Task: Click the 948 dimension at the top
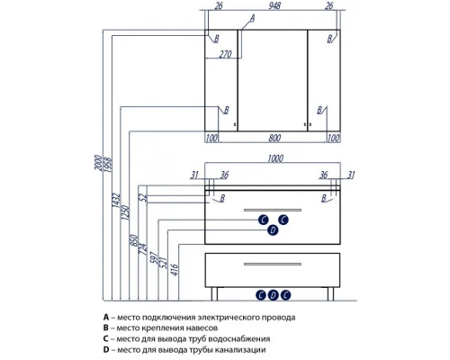[x=274, y=5]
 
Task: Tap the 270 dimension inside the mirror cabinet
[x=225, y=54]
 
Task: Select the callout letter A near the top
[x=252, y=18]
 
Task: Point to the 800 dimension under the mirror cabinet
[x=274, y=138]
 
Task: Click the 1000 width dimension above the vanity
[x=275, y=158]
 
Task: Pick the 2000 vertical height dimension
[x=98, y=163]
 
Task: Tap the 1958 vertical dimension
[x=107, y=165]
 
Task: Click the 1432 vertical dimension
[x=116, y=201]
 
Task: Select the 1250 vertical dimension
[x=125, y=212]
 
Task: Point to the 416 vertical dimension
[x=175, y=270]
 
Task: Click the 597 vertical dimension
[x=154, y=257]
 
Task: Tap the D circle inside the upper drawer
[x=273, y=230]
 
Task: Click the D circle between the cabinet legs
[x=273, y=295]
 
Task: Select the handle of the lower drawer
[x=273, y=264]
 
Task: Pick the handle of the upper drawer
[x=273, y=210]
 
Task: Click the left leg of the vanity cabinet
[x=214, y=293]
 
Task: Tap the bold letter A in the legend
[x=105, y=317]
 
